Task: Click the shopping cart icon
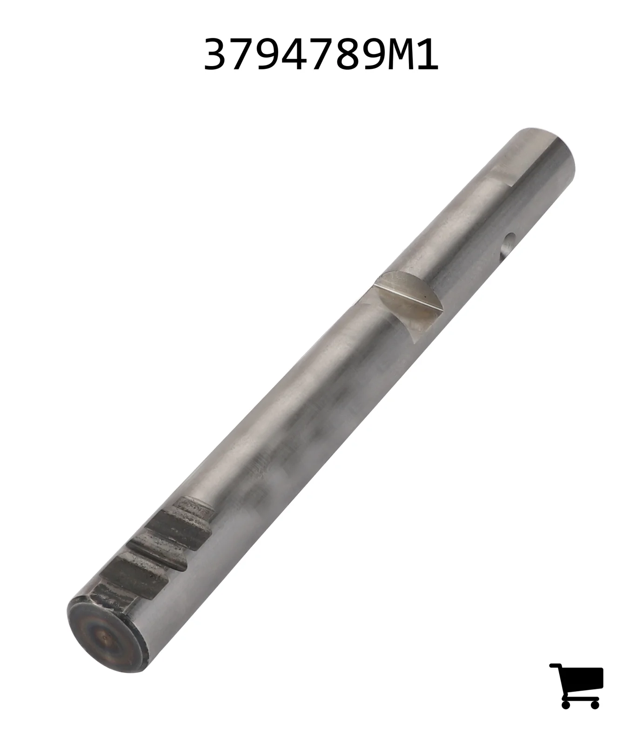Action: (577, 686)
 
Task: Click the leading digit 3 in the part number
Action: (217, 55)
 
